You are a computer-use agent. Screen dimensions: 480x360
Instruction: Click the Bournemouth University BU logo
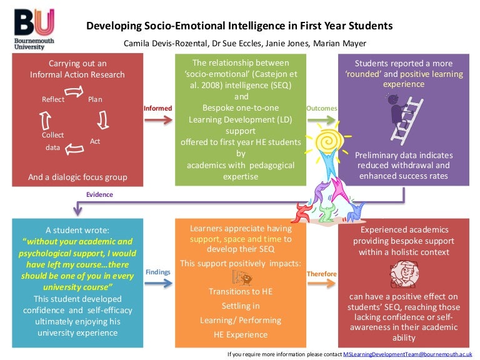pyautogui.click(x=34, y=29)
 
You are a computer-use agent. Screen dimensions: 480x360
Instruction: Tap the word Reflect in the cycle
pyautogui.click(x=53, y=99)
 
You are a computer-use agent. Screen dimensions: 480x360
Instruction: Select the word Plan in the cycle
pyautogui.click(x=95, y=99)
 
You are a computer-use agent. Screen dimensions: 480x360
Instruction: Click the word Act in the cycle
pyautogui.click(x=95, y=141)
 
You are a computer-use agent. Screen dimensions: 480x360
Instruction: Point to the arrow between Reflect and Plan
pyautogui.click(x=74, y=91)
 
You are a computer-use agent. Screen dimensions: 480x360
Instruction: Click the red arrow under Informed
pyautogui.click(x=158, y=120)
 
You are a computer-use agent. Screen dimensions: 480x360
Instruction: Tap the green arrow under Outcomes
pyautogui.click(x=321, y=120)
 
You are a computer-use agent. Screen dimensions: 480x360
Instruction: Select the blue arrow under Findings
pyautogui.click(x=158, y=284)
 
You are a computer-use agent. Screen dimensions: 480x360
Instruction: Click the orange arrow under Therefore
pyautogui.click(x=321, y=284)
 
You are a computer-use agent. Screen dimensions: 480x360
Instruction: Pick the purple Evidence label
pyautogui.click(x=99, y=194)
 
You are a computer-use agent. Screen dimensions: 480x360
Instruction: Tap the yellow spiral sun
pyautogui.click(x=329, y=141)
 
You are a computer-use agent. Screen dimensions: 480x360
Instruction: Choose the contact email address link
pyautogui.click(x=407, y=354)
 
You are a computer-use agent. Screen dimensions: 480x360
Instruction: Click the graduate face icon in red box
pyautogui.click(x=404, y=274)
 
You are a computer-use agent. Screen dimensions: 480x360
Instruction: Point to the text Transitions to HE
pyautogui.click(x=241, y=291)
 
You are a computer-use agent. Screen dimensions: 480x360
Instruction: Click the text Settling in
pyautogui.click(x=241, y=306)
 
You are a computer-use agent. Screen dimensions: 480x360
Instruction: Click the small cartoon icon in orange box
pyautogui.click(x=242, y=277)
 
